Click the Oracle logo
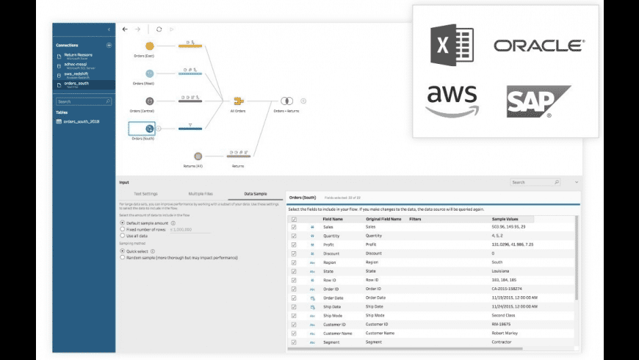538,46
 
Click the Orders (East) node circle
150,46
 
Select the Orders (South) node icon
149,129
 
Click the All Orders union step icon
238,101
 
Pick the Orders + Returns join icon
287,101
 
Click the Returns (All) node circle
198,156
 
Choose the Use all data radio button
122,236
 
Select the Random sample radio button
122,258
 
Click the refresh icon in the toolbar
159,29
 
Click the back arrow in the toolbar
125,29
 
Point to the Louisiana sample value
503,271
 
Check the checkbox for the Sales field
294,227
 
